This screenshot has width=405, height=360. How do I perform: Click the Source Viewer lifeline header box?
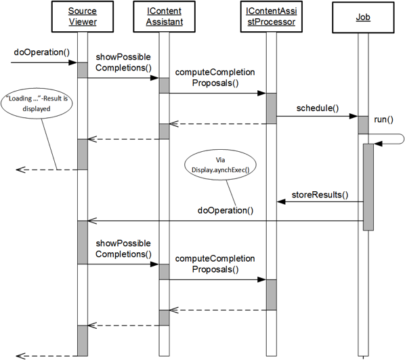83,16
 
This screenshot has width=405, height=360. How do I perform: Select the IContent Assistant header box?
165,16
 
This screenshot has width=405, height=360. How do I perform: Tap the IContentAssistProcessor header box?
272,16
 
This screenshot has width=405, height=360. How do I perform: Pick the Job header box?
363,18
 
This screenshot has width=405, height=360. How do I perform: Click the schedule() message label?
318,108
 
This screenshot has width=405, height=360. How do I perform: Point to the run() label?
383,119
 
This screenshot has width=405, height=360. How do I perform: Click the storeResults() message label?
320,195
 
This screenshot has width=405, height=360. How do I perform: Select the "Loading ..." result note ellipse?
37,104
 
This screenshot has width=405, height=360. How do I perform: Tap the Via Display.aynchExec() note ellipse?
220,165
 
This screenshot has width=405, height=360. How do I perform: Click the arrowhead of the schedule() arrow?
354,116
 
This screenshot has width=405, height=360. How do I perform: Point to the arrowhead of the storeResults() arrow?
281,202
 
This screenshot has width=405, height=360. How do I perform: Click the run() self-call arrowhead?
378,144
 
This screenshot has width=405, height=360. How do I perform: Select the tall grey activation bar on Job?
368,187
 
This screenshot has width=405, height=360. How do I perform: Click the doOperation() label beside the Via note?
226,210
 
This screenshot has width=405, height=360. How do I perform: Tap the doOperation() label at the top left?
41,52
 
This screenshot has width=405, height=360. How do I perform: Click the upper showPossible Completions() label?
123,62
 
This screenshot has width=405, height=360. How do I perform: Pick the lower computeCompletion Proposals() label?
215,264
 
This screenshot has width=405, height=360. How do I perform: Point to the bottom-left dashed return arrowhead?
20,356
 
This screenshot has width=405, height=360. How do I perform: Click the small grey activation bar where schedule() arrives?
363,125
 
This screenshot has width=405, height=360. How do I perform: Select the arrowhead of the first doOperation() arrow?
73,62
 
